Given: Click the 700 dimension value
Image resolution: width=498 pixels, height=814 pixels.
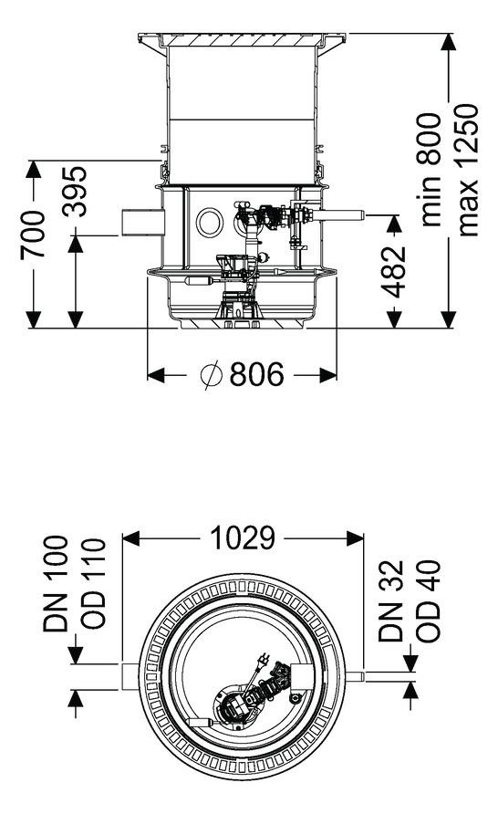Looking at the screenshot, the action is coord(32,235).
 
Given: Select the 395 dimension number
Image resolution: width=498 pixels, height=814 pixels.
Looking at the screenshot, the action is coord(75,191).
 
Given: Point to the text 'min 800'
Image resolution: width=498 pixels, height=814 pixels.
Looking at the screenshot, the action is coord(431,170).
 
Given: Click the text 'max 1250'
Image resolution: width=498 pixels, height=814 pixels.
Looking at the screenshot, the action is coord(467,170).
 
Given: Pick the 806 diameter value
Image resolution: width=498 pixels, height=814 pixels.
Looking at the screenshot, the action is coord(257,374).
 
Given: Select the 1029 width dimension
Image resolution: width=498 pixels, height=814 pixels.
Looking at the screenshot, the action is coord(243,537).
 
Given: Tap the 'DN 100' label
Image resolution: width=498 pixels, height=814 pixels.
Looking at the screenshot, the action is coord(56,584).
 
